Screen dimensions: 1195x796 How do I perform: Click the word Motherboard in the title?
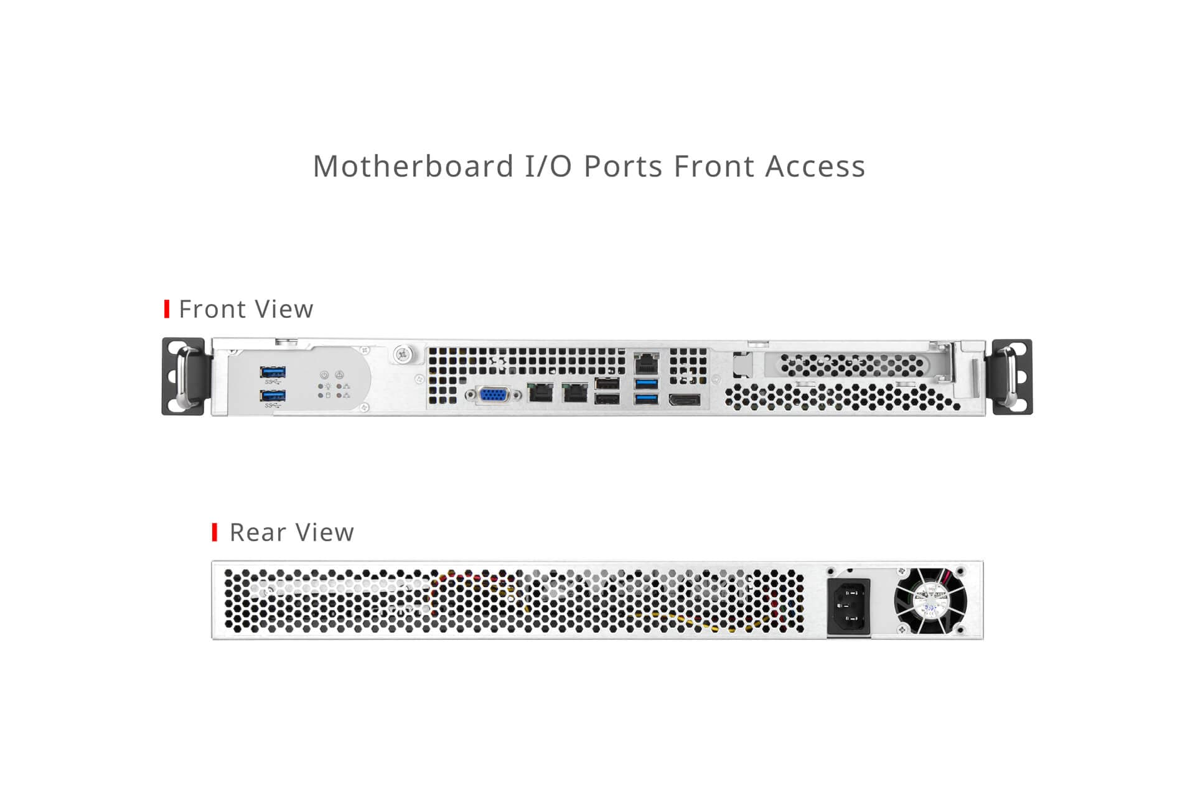point(413,166)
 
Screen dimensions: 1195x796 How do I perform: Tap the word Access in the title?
point(815,166)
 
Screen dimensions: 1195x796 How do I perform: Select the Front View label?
point(246,309)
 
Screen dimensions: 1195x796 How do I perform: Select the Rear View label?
point(292,532)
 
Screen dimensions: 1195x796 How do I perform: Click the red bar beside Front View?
point(167,309)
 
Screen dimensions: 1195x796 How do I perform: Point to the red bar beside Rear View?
point(215,532)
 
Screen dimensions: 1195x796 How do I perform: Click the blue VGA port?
point(493,394)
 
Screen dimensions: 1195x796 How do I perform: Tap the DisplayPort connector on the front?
point(685,400)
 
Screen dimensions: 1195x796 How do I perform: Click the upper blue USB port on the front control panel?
point(273,372)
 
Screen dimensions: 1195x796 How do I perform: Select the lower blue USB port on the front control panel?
point(273,396)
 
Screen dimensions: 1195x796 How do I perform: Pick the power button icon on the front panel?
point(324,375)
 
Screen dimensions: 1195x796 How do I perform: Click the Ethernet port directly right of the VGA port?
point(540,393)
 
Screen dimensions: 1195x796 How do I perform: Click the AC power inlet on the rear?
point(848,605)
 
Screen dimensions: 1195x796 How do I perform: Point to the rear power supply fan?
point(930,601)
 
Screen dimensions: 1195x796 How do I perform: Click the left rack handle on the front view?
point(184,377)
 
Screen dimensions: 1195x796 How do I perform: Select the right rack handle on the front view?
point(1012,377)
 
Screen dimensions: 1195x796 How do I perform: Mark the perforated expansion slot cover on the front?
point(852,364)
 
